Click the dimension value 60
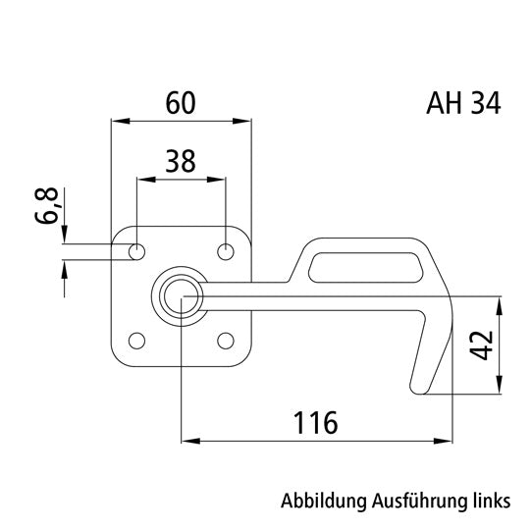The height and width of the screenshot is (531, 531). coord(181,102)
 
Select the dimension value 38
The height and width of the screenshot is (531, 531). coord(181,161)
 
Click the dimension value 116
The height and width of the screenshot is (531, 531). coord(315,423)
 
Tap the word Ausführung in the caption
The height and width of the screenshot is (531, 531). coord(417,500)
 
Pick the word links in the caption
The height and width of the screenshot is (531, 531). coord(487,500)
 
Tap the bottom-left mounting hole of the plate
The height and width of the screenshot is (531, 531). coord(137,341)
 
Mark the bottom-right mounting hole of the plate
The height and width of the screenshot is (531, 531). coord(226,341)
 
